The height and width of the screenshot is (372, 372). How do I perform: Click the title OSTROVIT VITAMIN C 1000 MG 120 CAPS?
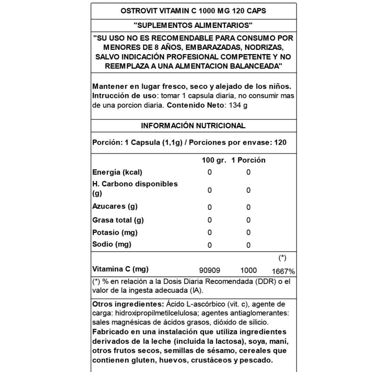pos(193,11)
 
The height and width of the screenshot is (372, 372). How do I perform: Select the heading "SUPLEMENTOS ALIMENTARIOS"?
pos(193,25)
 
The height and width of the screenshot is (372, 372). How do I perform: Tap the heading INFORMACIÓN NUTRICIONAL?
pos(193,126)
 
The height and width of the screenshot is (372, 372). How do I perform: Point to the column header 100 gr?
pos(214,160)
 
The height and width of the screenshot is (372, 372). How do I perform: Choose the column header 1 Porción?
pos(248,160)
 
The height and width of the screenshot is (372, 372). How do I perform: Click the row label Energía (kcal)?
pos(117,172)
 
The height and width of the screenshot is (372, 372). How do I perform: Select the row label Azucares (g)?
pos(115,207)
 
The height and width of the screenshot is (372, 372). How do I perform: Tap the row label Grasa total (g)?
pos(118,220)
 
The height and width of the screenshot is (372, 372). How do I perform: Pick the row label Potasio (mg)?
pos(115,232)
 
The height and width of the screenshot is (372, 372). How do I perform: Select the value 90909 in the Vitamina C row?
pos(209,271)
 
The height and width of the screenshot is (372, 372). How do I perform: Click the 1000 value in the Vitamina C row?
pos(248,271)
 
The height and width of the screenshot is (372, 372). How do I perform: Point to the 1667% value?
pos(283,271)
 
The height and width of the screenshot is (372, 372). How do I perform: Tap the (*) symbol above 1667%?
pos(282,258)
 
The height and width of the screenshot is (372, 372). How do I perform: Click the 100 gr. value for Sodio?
pos(209,245)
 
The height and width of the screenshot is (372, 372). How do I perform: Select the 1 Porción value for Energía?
pos(248,172)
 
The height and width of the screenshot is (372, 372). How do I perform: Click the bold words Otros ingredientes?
pos(128,304)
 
